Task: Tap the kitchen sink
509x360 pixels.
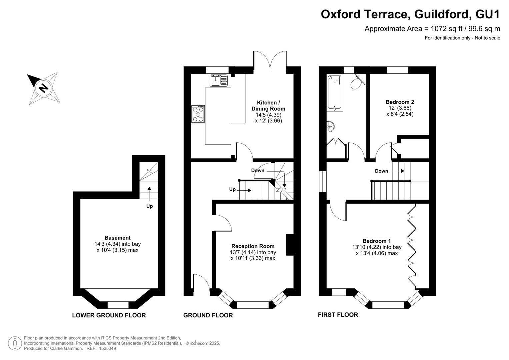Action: [218, 80]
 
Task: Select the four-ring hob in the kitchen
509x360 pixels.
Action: [198, 114]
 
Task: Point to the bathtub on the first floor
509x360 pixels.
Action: [334, 93]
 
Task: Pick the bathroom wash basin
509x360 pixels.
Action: [330, 126]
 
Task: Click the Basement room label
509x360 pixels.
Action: [117, 238]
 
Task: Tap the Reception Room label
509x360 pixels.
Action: [253, 246]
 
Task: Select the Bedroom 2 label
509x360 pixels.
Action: [400, 102]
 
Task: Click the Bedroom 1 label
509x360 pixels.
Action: [377, 241]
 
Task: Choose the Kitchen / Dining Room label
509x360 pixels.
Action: [268, 105]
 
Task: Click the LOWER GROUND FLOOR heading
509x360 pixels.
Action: [109, 315]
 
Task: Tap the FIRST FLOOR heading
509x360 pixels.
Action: [338, 315]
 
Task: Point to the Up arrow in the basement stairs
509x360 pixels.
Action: [149, 194]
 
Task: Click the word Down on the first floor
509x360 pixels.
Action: [381, 171]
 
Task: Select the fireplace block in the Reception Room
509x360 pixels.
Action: [290, 245]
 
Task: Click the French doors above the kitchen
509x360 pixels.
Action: [270, 60]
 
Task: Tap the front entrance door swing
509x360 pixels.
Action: [202, 282]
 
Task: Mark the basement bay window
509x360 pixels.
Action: [118, 305]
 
